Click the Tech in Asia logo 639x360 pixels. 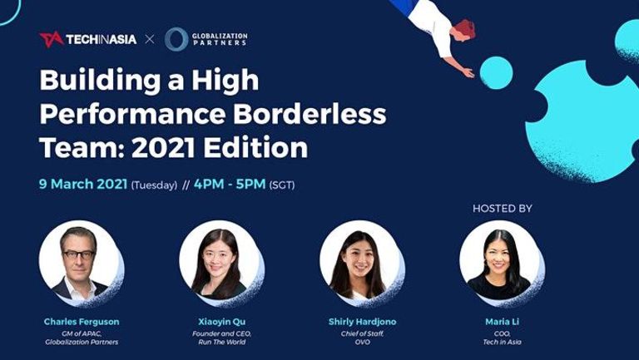pos(87,40)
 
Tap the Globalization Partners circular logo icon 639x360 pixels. pos(176,39)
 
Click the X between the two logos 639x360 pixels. pos(150,40)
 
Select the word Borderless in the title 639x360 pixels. pos(310,114)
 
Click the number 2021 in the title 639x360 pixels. pos(164,147)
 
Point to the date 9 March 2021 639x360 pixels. pos(83,184)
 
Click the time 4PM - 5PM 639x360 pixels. pos(230,184)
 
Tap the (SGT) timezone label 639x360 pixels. pos(282,185)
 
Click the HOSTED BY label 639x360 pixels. pos(502,209)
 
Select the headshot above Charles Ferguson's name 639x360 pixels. pos(81,263)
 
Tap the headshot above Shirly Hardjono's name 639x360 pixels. pos(361,263)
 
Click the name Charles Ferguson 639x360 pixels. pos(82,321)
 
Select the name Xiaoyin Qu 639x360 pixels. pos(222,322)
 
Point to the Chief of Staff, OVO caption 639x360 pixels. pos(362,338)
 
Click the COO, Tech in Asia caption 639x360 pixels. pos(502,338)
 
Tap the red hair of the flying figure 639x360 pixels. pos(466,28)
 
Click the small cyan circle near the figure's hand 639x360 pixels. pos(496,73)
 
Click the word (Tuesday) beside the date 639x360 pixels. pos(154,185)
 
